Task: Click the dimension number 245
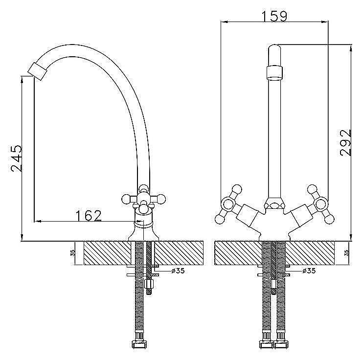[17, 158]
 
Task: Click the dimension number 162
[89, 216]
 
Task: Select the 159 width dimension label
[274, 16]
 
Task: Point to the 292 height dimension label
[346, 143]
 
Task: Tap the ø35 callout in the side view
[178, 270]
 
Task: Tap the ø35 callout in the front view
[309, 270]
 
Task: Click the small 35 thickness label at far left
[73, 252]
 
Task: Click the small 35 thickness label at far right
[346, 252]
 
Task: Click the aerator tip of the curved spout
[38, 71]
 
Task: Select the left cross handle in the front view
[229, 204]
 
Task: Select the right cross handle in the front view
[320, 204]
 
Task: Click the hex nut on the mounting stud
[148, 284]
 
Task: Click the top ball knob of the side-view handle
[144, 188]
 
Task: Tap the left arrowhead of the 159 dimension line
[225, 22]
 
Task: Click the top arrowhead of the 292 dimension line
[351, 48]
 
